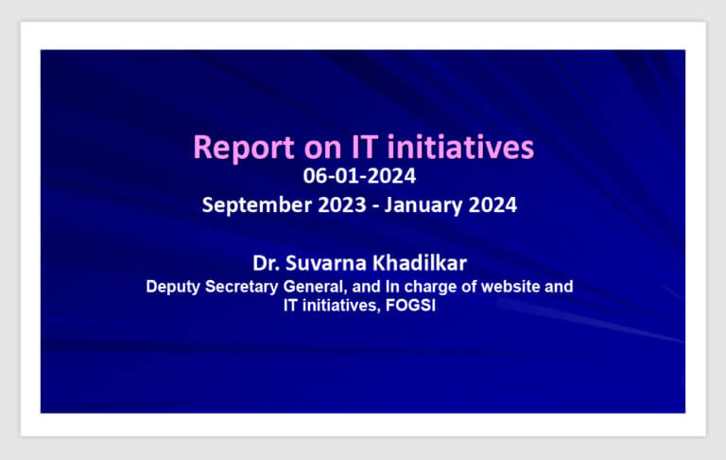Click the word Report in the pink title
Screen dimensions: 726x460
244,148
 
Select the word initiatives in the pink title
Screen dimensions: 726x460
460,147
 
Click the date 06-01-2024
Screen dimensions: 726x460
359,176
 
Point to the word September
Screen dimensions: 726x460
257,205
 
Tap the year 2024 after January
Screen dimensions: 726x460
493,204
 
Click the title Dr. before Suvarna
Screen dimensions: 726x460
267,263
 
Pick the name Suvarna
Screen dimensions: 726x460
326,263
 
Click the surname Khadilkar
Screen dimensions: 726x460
420,263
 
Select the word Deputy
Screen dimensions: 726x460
173,287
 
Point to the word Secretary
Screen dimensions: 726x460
242,287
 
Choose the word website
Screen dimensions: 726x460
510,287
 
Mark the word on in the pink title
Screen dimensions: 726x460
322,149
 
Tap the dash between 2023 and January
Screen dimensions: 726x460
375,206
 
